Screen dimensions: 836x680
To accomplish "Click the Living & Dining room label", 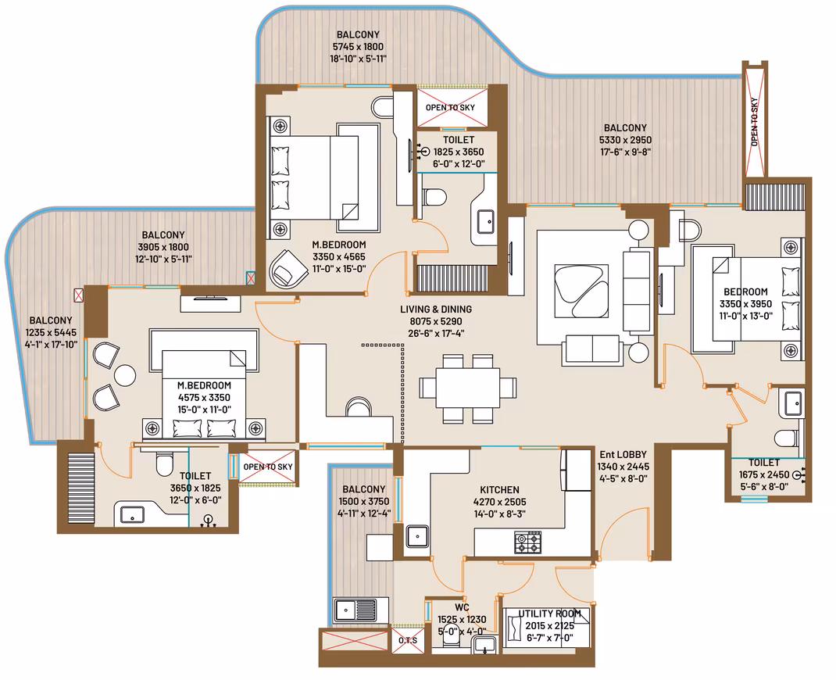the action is coord(436,310).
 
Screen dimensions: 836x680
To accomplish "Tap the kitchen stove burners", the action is coord(527,542).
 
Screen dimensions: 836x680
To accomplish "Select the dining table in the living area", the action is coord(467,388).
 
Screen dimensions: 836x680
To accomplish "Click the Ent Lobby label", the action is coord(623,455).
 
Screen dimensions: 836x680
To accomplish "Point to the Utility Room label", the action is coord(549,614).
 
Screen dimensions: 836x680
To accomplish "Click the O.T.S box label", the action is coord(408,641).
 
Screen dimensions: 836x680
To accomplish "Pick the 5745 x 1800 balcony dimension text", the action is coord(358,47).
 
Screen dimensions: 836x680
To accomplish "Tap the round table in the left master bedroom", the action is coord(125,375).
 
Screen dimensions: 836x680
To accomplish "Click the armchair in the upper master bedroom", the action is coord(288,268).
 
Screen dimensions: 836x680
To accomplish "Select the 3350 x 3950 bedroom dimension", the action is coord(745,304).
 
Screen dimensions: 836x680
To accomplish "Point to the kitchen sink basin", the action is coord(417,536).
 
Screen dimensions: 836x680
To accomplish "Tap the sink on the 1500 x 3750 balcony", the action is coord(355,610).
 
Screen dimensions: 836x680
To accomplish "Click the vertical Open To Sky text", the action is coord(754,122).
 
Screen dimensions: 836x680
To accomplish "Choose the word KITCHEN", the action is coord(499,490).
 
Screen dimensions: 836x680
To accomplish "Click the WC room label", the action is coord(462,607).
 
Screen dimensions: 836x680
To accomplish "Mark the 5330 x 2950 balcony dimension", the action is coord(625,140).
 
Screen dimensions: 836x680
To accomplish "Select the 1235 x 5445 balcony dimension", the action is coord(51,333).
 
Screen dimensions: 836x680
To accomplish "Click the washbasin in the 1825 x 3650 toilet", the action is coord(485,221).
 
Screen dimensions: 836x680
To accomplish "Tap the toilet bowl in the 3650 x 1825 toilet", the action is coord(165,464).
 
